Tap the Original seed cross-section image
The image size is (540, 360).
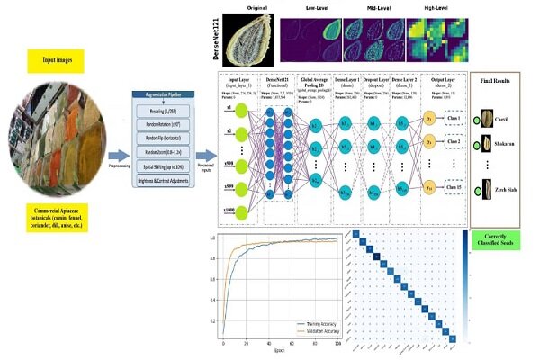point(246,35)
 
